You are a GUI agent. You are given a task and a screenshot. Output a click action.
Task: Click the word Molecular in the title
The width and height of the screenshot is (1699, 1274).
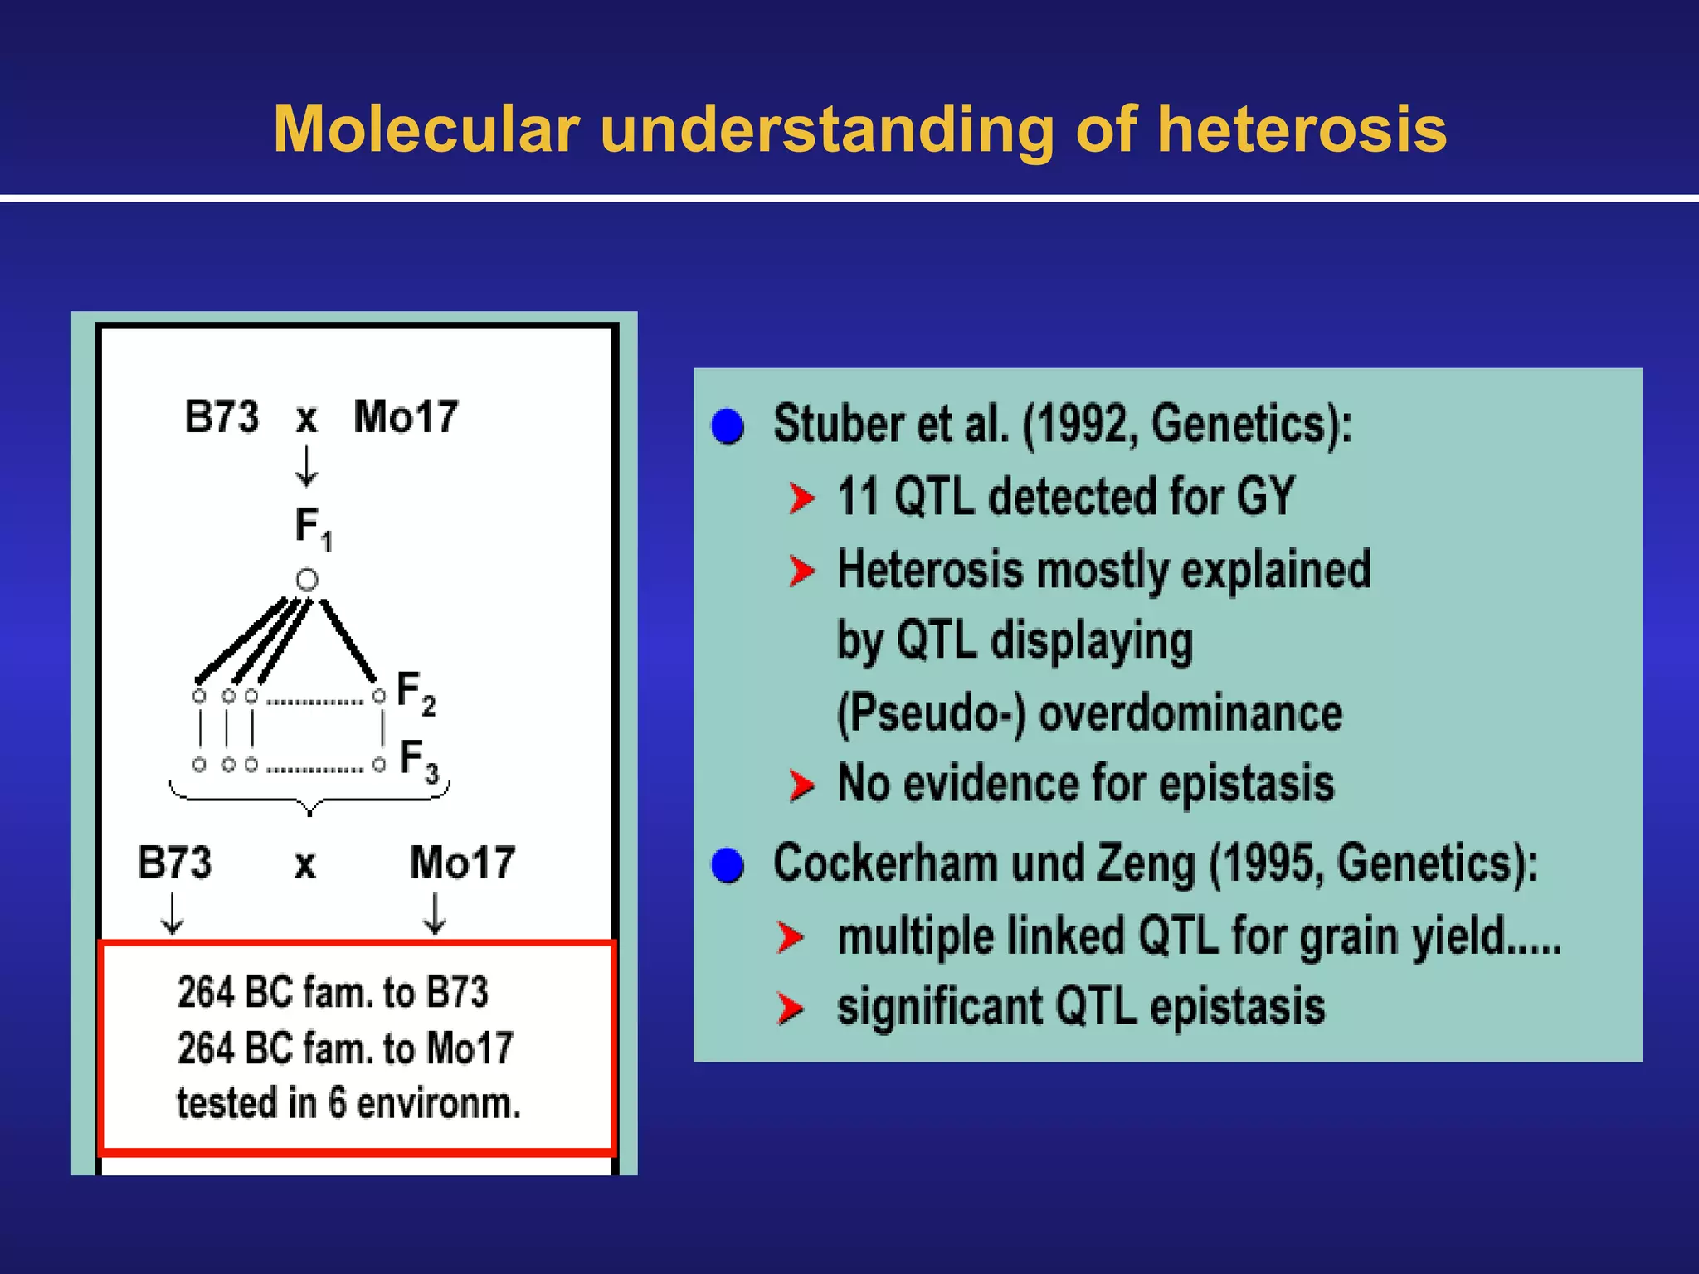[426, 129]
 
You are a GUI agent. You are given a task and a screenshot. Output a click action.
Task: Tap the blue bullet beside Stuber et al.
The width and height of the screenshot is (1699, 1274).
[728, 426]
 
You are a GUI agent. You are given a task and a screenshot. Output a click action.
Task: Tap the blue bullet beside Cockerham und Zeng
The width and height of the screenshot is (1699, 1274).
[728, 865]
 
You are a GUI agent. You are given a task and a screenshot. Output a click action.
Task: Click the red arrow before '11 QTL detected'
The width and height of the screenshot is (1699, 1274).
[801, 498]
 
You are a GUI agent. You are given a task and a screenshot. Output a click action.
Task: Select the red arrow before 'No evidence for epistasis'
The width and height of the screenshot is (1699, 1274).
[801, 785]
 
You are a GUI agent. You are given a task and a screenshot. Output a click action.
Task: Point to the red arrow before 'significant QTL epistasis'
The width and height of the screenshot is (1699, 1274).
[790, 1009]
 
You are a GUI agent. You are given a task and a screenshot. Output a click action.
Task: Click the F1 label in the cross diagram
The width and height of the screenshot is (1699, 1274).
[313, 527]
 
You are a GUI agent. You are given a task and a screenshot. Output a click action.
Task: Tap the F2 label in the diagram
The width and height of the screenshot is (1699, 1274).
[415, 693]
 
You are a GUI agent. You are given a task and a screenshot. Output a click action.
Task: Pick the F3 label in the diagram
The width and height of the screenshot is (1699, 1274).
[418, 760]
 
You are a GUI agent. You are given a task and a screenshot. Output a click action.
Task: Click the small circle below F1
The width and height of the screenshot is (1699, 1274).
[307, 579]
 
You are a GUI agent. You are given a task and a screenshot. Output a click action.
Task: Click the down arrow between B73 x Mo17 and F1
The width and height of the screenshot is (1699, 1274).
[306, 466]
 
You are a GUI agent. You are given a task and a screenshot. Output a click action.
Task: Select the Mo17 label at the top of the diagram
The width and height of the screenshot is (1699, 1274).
[406, 416]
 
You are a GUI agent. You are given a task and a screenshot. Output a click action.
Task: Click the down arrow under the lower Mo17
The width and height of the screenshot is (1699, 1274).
[435, 914]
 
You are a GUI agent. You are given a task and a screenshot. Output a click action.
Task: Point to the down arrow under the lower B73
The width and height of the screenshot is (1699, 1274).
[172, 914]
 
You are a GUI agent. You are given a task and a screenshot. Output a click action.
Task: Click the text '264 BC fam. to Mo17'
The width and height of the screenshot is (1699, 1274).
[345, 1048]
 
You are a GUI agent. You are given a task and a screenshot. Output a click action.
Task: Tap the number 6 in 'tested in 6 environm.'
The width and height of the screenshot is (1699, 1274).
[337, 1103]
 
